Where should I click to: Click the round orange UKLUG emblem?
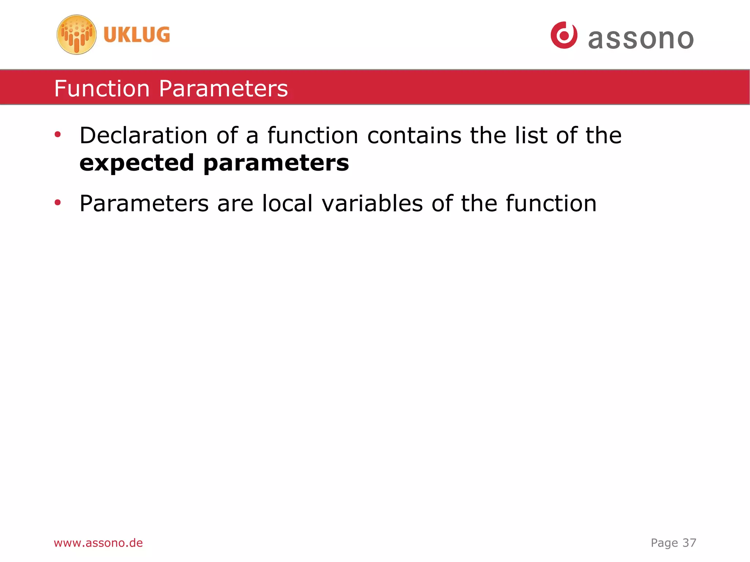point(77,35)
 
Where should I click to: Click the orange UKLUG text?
point(137,35)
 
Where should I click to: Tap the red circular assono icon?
point(564,35)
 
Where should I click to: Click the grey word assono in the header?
point(641,39)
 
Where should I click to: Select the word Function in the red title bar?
point(102,89)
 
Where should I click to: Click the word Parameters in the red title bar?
point(223,89)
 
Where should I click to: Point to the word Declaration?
point(144,135)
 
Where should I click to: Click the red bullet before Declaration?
point(57,135)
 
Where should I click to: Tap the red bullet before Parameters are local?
point(57,202)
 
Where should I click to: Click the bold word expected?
point(137,163)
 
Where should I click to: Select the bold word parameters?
point(276,163)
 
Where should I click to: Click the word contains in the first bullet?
point(414,135)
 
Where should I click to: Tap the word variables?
point(372,203)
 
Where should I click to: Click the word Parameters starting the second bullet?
point(144,203)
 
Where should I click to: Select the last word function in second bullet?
point(551,203)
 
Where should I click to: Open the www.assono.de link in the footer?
point(98,543)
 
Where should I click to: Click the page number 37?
point(689,543)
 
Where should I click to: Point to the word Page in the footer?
point(664,543)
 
